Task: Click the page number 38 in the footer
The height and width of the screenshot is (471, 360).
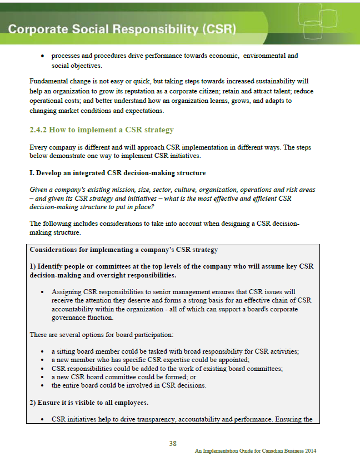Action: pyautogui.click(x=173, y=443)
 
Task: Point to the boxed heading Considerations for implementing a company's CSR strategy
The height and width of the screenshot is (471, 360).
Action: pyautogui.click(x=123, y=250)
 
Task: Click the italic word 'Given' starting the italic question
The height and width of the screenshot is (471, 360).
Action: pyautogui.click(x=38, y=190)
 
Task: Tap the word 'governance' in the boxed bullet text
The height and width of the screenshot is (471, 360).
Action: pyautogui.click(x=72, y=318)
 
